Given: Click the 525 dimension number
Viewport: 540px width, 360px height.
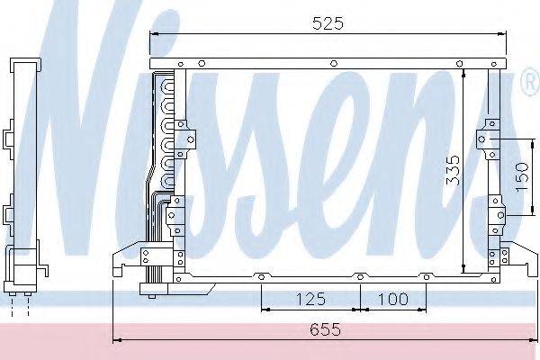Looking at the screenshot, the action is (x=328, y=23).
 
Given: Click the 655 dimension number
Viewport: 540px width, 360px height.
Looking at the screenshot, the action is (x=326, y=329).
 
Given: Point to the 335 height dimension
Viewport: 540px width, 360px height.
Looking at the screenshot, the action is (x=453, y=170).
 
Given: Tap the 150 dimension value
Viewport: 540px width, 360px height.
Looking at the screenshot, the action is (x=522, y=177).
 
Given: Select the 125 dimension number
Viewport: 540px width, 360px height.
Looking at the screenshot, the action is (x=310, y=299).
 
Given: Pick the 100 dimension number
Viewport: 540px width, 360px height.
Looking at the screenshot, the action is (x=393, y=299).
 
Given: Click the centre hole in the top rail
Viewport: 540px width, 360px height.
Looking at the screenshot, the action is (x=333, y=63).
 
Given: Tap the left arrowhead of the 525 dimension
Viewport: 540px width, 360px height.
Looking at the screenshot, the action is (x=154, y=34).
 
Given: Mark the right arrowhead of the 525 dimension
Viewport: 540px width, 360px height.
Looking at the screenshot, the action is (x=502, y=34).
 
